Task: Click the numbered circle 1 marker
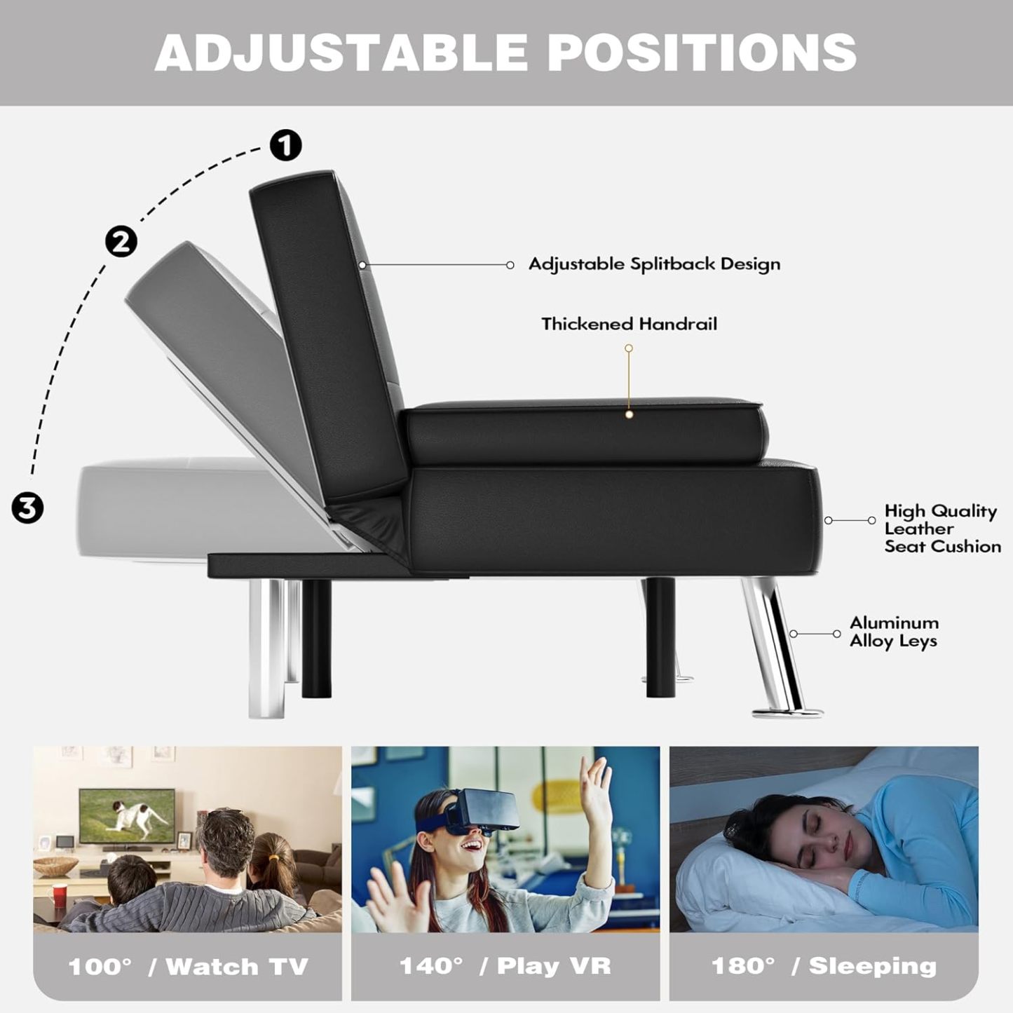pyautogui.click(x=285, y=145)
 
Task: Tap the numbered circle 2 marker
pyautogui.click(x=121, y=242)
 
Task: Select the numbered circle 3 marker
pyautogui.click(x=27, y=507)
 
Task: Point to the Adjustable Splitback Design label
pyautogui.click(x=654, y=264)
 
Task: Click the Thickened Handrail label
pyautogui.click(x=629, y=324)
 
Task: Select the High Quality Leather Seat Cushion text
pyautogui.click(x=941, y=529)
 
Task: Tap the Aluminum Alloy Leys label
pyautogui.click(x=893, y=632)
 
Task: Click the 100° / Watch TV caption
pyautogui.click(x=188, y=967)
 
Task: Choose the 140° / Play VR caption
pyautogui.click(x=505, y=966)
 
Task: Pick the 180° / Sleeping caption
pyautogui.click(x=824, y=966)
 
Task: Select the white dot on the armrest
pyautogui.click(x=629, y=414)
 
